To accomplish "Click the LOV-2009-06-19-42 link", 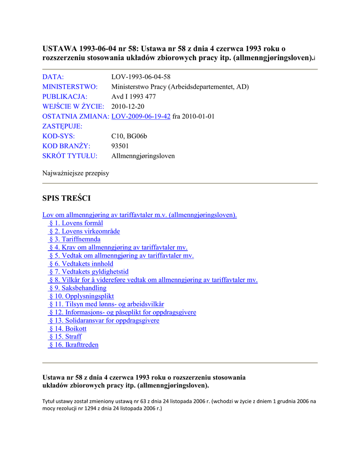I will [141, 116].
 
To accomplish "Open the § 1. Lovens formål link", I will [76, 223].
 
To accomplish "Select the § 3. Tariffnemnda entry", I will [75, 239].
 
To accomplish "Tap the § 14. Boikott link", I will [67, 329].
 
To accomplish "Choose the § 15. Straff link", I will [65, 337].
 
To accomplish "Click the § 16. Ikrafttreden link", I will [73, 345].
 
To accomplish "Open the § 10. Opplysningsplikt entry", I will [81, 296].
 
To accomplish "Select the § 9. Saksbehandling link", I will [77, 288].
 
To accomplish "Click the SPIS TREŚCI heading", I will [66, 198].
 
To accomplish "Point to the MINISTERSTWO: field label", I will [70, 86].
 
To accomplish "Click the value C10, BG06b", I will [129, 136].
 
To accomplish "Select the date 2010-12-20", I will [128, 106].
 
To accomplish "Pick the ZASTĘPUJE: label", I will [62, 127].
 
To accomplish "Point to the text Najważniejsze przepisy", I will [76, 173].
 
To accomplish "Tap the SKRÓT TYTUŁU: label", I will [70, 156].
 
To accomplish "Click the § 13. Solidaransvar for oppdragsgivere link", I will [104, 320].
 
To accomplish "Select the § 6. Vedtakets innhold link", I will [81, 263].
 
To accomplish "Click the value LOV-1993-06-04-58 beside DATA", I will [141, 76].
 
